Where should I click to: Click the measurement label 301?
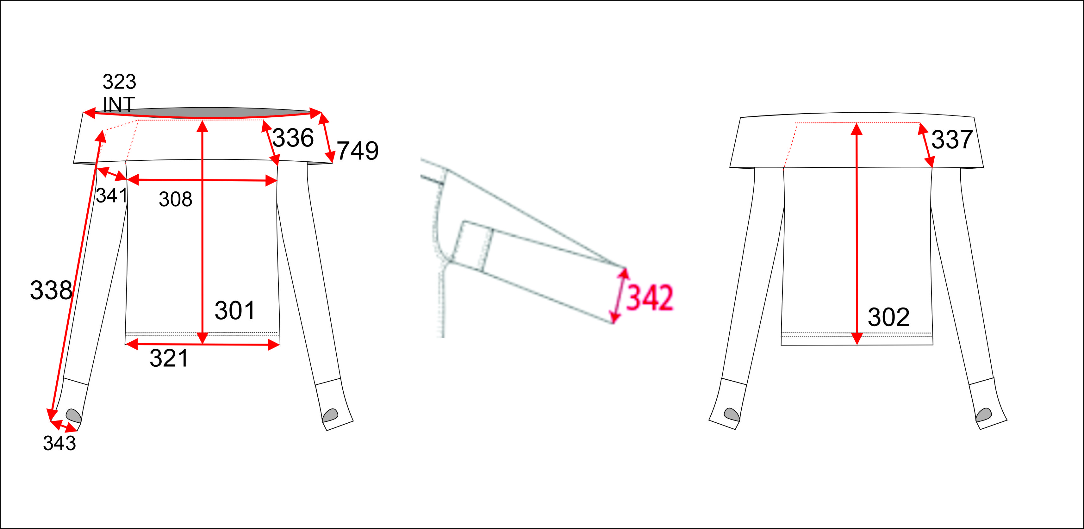pyautogui.click(x=235, y=311)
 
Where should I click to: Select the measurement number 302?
pyautogui.click(x=888, y=317)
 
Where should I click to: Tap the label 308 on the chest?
pyautogui.click(x=176, y=199)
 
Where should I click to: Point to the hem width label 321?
pyautogui.click(x=169, y=358)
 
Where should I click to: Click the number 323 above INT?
pyautogui.click(x=120, y=82)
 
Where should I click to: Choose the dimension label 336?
pyautogui.click(x=293, y=138)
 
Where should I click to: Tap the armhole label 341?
pyautogui.click(x=111, y=195)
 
